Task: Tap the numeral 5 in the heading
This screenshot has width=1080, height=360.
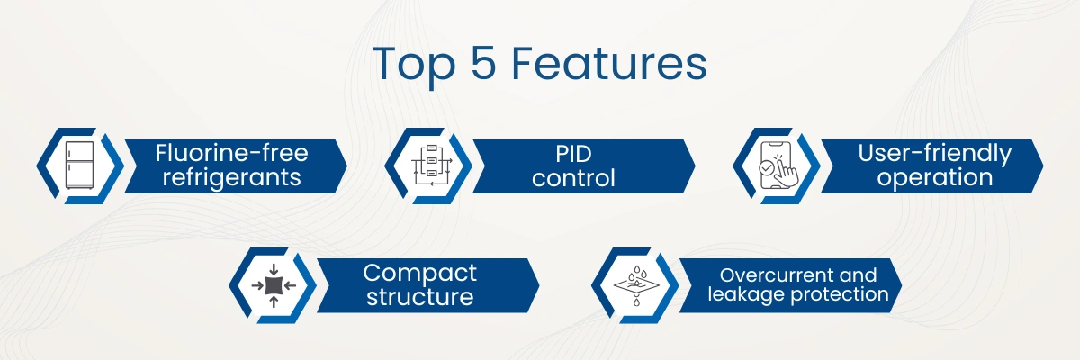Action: pos(483,63)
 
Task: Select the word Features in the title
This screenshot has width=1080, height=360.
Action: pos(609,63)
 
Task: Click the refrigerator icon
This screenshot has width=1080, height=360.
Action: pos(80,166)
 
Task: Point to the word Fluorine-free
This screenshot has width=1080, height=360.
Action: pos(231,153)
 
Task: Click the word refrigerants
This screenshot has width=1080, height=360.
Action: pos(231,177)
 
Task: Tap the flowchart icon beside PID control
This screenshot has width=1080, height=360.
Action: pos(431,166)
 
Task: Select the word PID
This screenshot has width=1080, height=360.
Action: pos(573,154)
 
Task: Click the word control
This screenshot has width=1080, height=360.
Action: pos(573,178)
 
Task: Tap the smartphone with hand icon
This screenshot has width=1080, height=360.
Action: pos(778,166)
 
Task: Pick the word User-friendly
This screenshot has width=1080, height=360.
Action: pos(934,154)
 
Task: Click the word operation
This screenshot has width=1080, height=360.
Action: pos(935,177)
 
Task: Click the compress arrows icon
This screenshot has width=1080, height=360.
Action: pos(274,285)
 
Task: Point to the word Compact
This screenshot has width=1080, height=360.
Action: pos(419,274)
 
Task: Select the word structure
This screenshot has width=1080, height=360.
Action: pos(420,296)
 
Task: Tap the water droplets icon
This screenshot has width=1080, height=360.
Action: pos(636,285)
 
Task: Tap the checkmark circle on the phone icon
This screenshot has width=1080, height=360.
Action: pos(766,167)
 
